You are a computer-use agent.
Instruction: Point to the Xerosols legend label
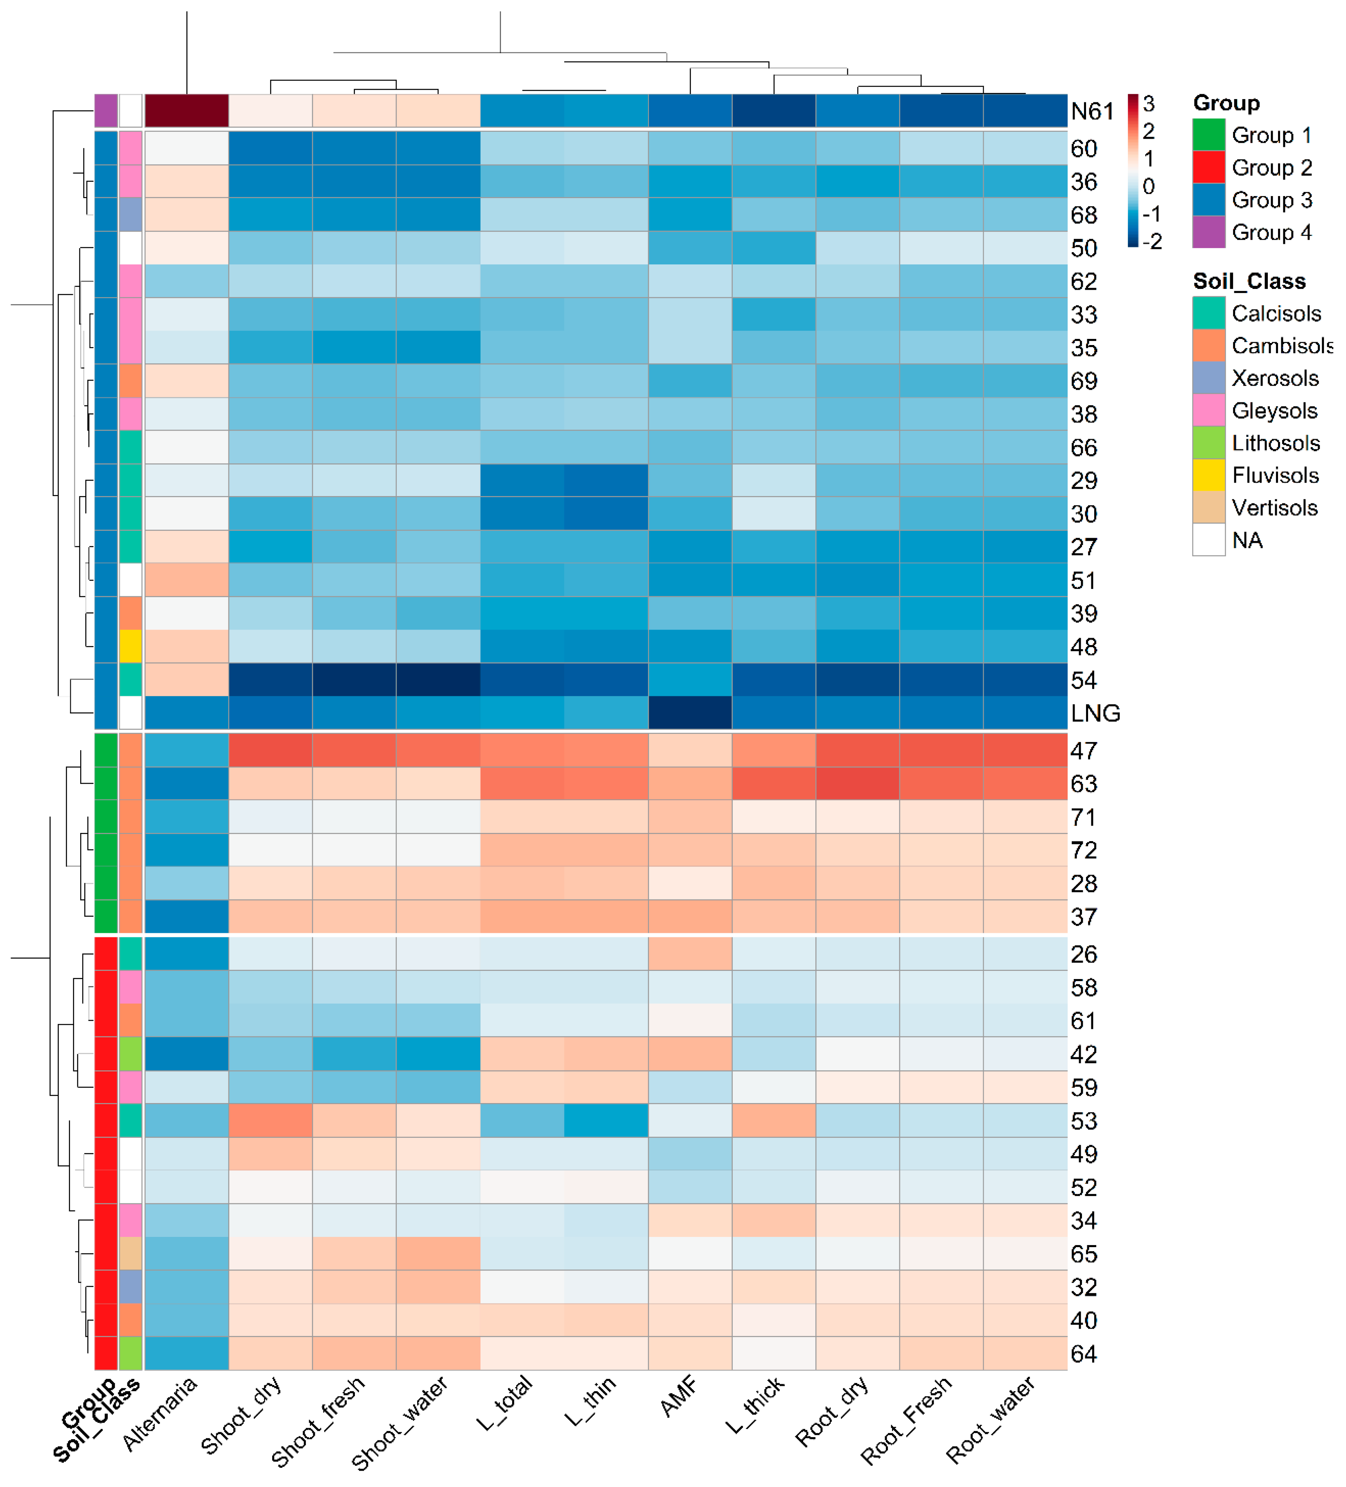click(x=1274, y=378)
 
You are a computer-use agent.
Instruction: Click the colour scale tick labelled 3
click(x=1148, y=104)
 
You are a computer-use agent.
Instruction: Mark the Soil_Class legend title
click(x=1249, y=281)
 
